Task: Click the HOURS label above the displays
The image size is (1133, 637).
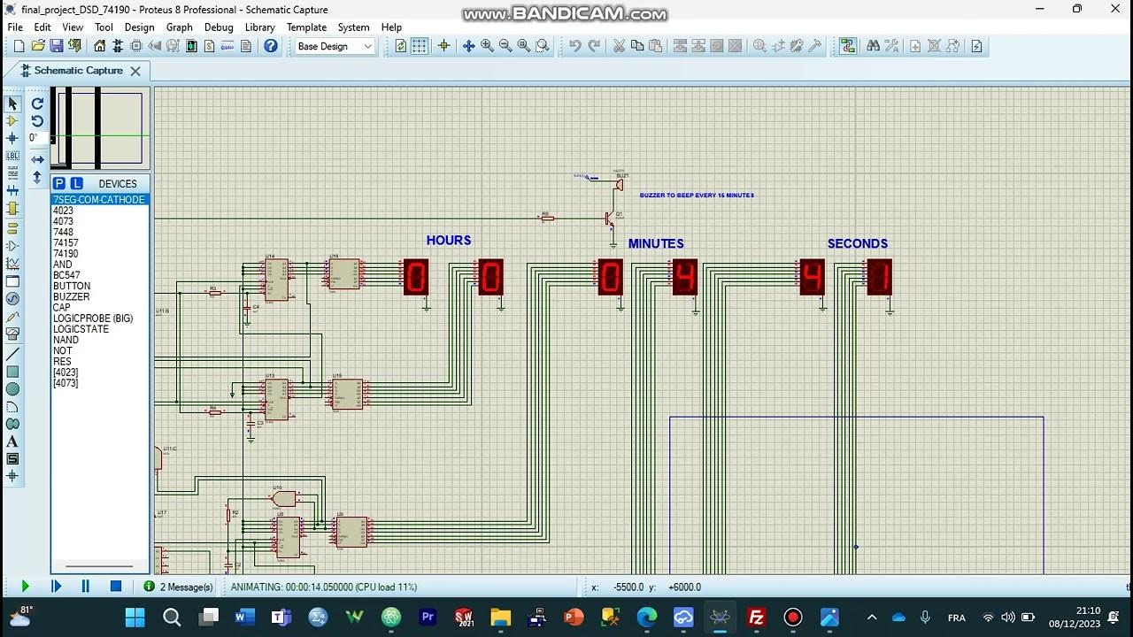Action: [448, 241]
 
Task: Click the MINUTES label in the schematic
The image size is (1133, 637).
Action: [656, 243]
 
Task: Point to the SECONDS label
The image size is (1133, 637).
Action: [857, 243]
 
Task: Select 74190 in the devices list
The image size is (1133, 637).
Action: [66, 254]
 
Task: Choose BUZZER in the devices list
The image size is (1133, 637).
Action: [71, 296]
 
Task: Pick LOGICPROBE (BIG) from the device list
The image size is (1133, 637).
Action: [93, 318]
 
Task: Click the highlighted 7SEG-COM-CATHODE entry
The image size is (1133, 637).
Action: [98, 200]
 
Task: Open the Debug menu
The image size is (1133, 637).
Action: [219, 27]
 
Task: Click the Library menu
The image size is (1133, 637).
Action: [259, 27]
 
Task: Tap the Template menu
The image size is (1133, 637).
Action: [306, 27]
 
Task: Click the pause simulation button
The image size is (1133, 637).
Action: [86, 586]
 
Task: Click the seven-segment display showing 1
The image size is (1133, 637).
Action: [879, 277]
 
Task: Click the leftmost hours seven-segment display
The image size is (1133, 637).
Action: [416, 277]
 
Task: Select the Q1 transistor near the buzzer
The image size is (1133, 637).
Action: [609, 218]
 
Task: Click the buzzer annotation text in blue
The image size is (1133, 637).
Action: [697, 196]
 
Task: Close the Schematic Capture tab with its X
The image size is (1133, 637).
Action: [135, 71]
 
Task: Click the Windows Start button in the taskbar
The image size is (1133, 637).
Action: [135, 617]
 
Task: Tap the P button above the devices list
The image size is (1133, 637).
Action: [59, 183]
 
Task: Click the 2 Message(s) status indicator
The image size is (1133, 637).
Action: [178, 587]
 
